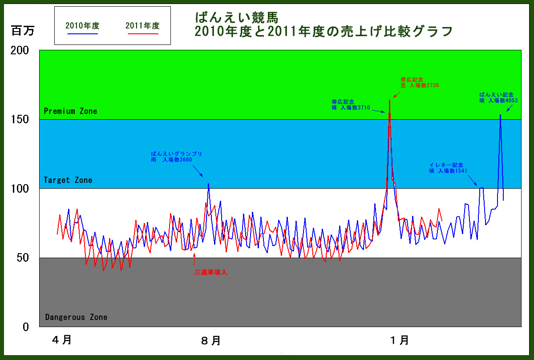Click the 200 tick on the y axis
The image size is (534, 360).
pos(20,50)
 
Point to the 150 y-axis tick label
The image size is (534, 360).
pos(20,119)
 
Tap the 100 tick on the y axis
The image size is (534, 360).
pos(20,189)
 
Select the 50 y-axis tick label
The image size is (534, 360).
pos(23,258)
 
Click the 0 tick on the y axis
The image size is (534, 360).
pos(26,327)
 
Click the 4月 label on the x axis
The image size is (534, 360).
pos(62,340)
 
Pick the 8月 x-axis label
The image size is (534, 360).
pos(211,340)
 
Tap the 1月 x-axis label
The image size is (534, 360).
pos(400,340)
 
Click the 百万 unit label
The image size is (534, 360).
pos(23,31)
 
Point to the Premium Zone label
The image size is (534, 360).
pos(71,111)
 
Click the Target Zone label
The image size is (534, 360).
pos(68,180)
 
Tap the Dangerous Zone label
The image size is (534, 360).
pos(76,317)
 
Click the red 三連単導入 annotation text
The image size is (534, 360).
pos(211,272)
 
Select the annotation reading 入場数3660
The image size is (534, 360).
pos(177,157)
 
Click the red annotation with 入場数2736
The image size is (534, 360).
pos(420,82)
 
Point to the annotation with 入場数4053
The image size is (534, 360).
pos(498,97)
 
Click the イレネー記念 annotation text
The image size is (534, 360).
pos(446,165)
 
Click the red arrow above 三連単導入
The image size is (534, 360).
pos(194,259)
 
